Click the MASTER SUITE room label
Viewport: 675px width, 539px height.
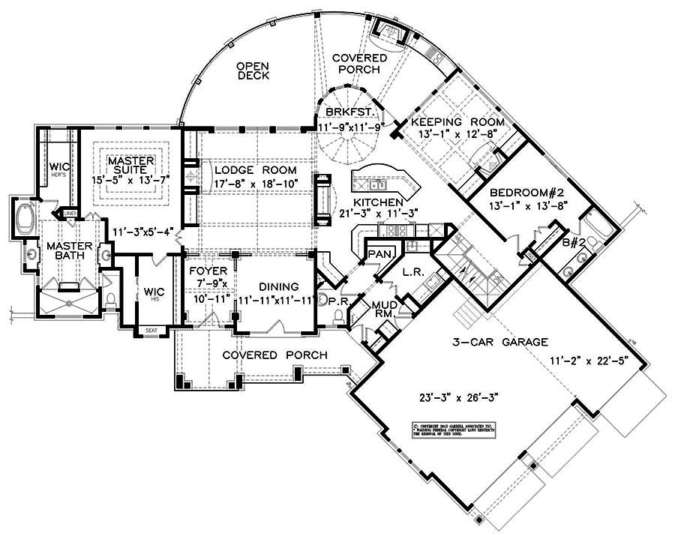(x=131, y=166)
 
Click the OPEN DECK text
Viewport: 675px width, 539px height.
(x=253, y=70)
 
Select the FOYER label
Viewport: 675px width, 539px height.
(x=204, y=271)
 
